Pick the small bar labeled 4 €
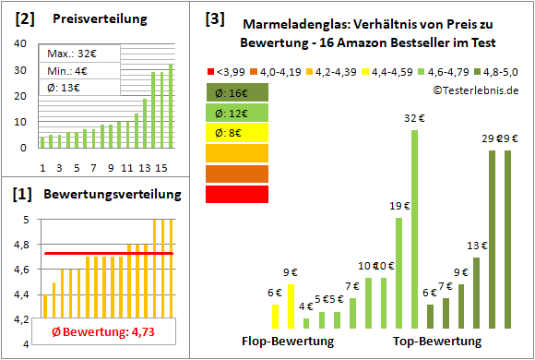[306, 323]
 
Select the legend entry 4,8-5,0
[492, 71]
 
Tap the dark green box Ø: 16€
[237, 92]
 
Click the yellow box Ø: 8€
[237, 133]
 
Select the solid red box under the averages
[237, 194]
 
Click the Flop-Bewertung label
[288, 341]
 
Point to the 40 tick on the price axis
[19, 43]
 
